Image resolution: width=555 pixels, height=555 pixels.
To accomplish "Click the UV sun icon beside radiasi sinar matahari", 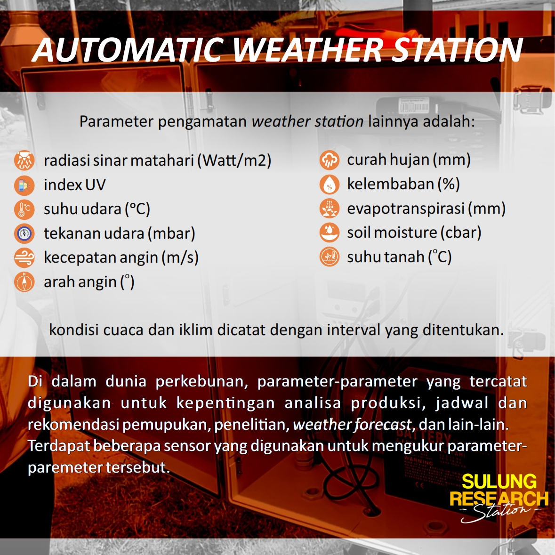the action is [24, 161].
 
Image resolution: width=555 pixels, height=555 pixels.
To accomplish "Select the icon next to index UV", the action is [24, 185].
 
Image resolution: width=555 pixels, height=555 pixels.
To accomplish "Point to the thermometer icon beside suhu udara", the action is [24, 209].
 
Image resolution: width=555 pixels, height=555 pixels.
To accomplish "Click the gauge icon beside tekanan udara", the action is [24, 233].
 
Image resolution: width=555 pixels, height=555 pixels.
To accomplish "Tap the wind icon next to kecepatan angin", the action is [24, 257].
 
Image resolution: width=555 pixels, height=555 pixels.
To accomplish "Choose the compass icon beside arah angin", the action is [24, 282].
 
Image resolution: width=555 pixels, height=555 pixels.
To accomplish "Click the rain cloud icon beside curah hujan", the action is [330, 160].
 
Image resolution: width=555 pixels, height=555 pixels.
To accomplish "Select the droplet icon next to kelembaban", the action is [330, 184].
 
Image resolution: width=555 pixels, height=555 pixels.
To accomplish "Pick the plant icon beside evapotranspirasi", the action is [330, 208].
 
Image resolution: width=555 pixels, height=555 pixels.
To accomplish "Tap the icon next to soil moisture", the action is [330, 233].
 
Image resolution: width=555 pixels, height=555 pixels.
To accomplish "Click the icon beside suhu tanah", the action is [330, 257].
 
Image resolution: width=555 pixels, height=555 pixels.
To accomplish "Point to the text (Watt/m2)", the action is [234, 161].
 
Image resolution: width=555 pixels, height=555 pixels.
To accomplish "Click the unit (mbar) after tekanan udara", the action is [171, 233].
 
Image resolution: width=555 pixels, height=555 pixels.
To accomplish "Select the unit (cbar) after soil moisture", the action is [461, 233].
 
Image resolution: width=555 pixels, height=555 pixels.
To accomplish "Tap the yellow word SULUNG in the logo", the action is [499, 482].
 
